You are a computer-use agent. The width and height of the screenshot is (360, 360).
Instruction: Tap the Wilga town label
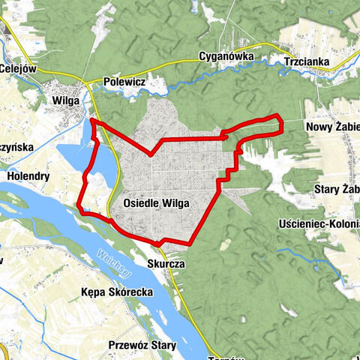pyautogui.click(x=65, y=98)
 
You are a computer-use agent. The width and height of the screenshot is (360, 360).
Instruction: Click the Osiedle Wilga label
pyautogui.click(x=155, y=202)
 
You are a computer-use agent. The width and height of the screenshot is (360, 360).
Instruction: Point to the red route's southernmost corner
pyautogui.click(x=160, y=243)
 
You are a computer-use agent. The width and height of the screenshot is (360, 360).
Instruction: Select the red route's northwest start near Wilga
pyautogui.click(x=92, y=119)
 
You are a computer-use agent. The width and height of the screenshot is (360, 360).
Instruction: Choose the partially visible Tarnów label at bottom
pyautogui.click(x=223, y=357)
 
